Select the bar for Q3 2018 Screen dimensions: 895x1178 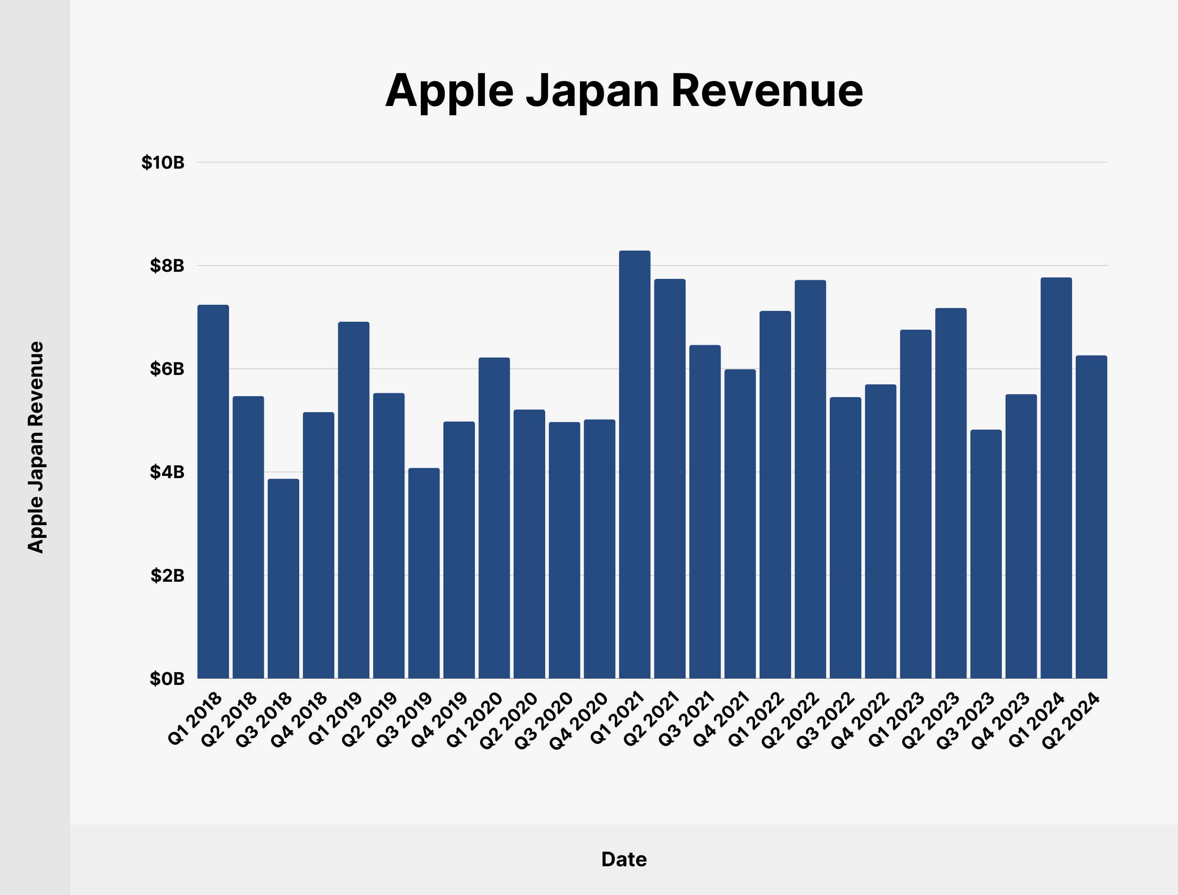284,578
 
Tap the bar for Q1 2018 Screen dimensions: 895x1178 213,492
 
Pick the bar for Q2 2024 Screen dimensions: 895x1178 1091,517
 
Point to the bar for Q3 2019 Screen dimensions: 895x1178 424,573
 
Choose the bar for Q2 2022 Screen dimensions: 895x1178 810,480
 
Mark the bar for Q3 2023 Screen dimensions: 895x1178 986,554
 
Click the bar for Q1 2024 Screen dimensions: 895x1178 1056,478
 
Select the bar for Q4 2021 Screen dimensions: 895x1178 740,524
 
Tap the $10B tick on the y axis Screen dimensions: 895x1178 163,163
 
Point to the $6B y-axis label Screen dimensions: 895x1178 167,369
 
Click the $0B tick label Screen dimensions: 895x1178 167,679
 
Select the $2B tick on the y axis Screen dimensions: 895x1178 167,575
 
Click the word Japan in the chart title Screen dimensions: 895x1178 592,92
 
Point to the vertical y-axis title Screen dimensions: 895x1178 36,447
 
